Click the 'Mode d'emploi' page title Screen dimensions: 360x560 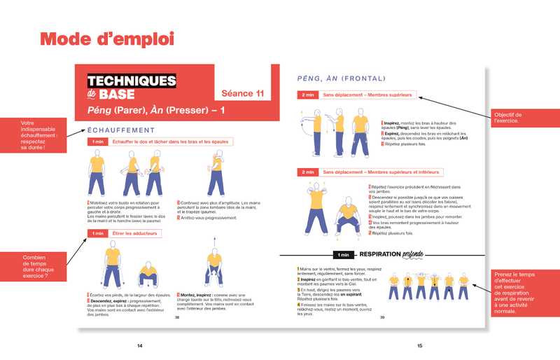106,39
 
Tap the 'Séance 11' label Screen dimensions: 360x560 242,92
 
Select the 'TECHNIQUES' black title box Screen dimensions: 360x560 131,81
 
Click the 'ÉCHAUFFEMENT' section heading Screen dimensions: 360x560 120,130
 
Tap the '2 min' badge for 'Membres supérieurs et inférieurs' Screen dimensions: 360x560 307,172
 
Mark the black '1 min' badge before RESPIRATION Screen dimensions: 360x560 342,254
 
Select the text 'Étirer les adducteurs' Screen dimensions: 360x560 135,233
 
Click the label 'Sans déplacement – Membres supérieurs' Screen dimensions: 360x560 367,95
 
